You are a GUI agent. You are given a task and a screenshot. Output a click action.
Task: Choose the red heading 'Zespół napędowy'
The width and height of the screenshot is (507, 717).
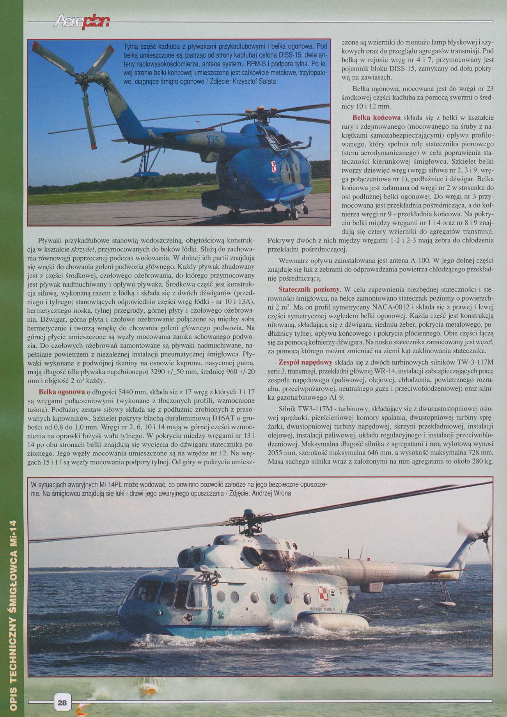pos(305,361)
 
